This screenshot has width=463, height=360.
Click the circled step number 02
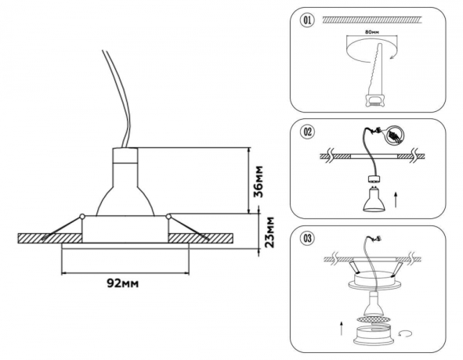tap(306, 132)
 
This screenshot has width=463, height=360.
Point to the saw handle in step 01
tap(374, 98)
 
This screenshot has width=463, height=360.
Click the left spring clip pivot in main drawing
tap(81, 216)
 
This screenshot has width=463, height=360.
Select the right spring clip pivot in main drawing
tap(168, 216)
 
